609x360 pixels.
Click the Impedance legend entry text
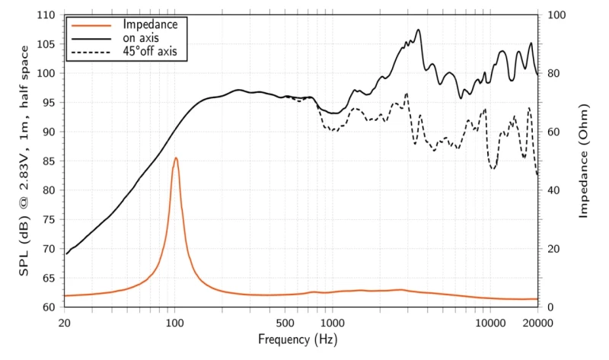pos(150,24)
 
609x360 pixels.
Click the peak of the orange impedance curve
pos(176,158)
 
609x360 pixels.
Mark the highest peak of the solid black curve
pos(419,30)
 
